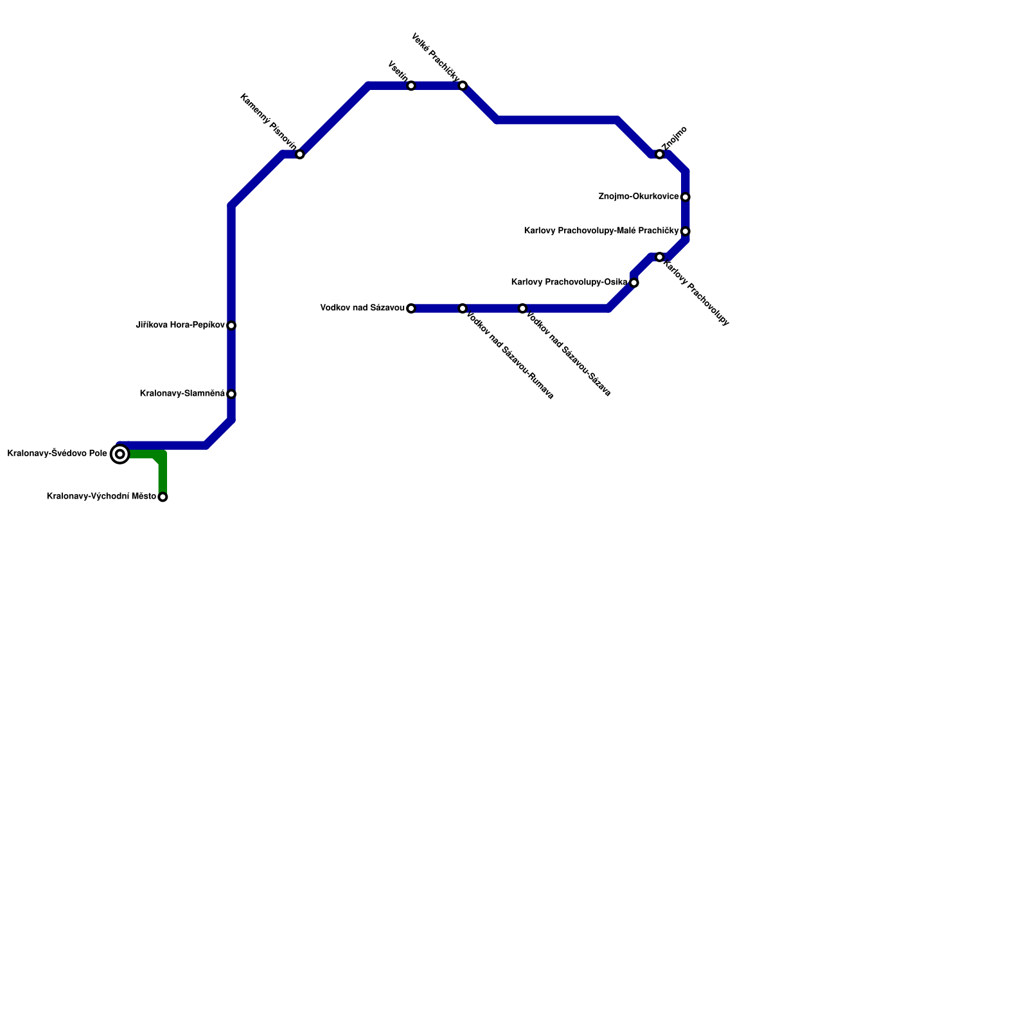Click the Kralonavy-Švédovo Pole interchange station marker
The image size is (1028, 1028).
pyautogui.click(x=120, y=454)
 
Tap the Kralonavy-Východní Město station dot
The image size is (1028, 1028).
pyautogui.click(x=163, y=497)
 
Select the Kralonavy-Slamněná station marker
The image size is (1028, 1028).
pyautogui.click(x=231, y=394)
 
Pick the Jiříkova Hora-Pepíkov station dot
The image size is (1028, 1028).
pyautogui.click(x=231, y=326)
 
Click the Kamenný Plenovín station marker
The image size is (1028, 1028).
pyautogui.click(x=299, y=154)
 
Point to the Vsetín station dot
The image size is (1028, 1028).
pyautogui.click(x=411, y=86)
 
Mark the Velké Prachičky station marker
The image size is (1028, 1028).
pyautogui.click(x=463, y=85)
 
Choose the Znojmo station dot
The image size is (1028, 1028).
pyautogui.click(x=660, y=154)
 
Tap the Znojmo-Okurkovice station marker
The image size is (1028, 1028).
pyautogui.click(x=686, y=197)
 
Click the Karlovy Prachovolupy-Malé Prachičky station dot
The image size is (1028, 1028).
pyautogui.click(x=686, y=231)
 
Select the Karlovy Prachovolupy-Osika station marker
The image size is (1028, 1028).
pyautogui.click(x=634, y=283)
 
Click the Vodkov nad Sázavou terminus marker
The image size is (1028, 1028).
pyautogui.click(x=411, y=308)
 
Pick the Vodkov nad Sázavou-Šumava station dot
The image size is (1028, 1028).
pyautogui.click(x=463, y=308)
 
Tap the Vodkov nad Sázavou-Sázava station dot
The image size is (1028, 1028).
pyautogui.click(x=522, y=308)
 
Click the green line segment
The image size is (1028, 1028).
pyautogui.click(x=163, y=475)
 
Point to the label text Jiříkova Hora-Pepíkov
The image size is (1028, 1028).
pyautogui.click(x=180, y=325)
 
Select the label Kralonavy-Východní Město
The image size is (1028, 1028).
pyautogui.click(x=102, y=496)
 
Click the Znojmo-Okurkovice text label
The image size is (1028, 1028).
pyautogui.click(x=638, y=197)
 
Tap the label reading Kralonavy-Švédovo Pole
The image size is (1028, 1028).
pyautogui.click(x=57, y=454)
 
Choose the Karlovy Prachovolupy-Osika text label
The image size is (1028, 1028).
pyautogui.click(x=569, y=282)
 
